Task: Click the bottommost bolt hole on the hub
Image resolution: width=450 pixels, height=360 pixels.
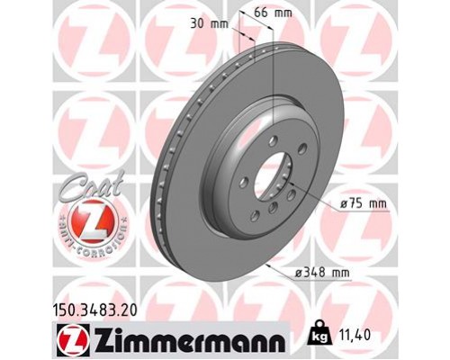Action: coord(255,217)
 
